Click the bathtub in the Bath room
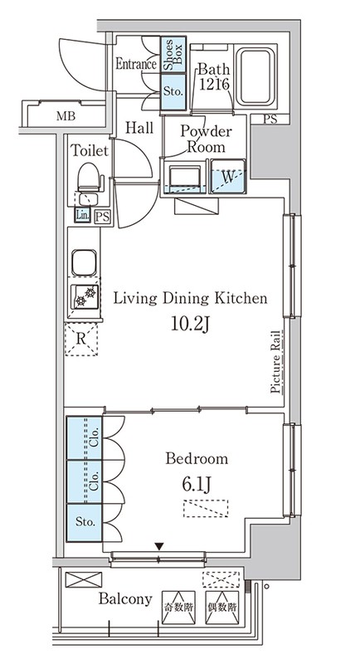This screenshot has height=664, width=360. pyautogui.click(x=255, y=76)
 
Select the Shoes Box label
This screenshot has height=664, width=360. pyautogui.click(x=173, y=55)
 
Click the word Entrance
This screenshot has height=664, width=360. pyautogui.click(x=136, y=65)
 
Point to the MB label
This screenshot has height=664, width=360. pyautogui.click(x=66, y=115)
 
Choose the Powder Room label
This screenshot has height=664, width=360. pyautogui.click(x=206, y=139)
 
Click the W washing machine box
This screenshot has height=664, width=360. pyautogui.click(x=228, y=176)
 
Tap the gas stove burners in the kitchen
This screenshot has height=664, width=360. pyautogui.click(x=85, y=296)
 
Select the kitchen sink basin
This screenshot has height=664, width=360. pyautogui.click(x=84, y=262)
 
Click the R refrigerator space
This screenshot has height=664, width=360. pyautogui.click(x=80, y=339)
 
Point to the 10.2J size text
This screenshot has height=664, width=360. pyautogui.click(x=191, y=324)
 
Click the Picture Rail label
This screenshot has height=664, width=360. pyautogui.click(x=276, y=362)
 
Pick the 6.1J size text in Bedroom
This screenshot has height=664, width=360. pyautogui.click(x=197, y=484)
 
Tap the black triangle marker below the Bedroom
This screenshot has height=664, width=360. pyautogui.click(x=158, y=547)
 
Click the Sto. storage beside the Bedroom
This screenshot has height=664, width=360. pyautogui.click(x=85, y=523)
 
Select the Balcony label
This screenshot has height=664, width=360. pyautogui.click(x=125, y=598)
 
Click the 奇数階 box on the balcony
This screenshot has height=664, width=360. pyautogui.click(x=179, y=608)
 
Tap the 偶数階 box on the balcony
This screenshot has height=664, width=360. pyautogui.click(x=222, y=608)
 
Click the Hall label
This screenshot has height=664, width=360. pyautogui.click(x=139, y=128)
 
